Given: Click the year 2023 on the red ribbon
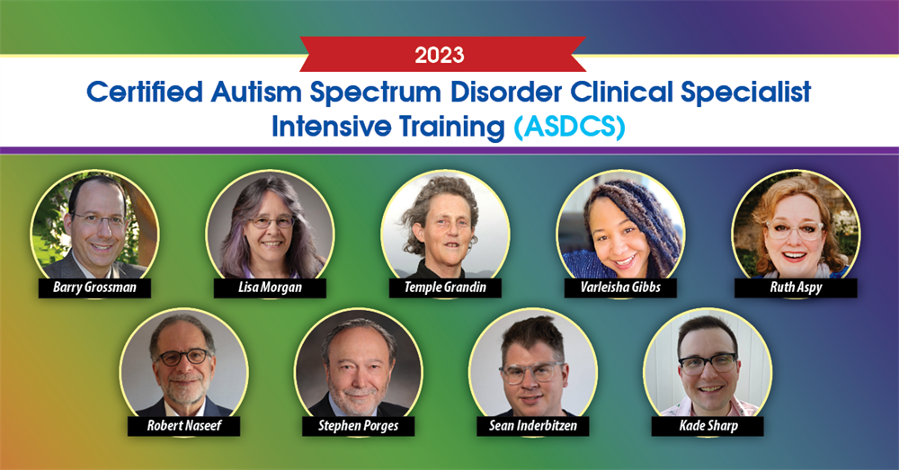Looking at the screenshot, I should point(440,56).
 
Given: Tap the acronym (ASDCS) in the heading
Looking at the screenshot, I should point(569,127).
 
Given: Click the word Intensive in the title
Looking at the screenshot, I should point(335,127).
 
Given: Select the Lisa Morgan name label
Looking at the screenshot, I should point(271,288).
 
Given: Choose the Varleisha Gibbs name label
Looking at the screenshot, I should point(620,288).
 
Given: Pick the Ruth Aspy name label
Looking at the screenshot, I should point(796,288).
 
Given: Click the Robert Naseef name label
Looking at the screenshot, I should point(183,426).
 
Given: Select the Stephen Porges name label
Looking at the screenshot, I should point(358,426).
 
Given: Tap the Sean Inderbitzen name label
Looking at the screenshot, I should point(533,426).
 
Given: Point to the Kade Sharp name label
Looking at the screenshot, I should point(708,426).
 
